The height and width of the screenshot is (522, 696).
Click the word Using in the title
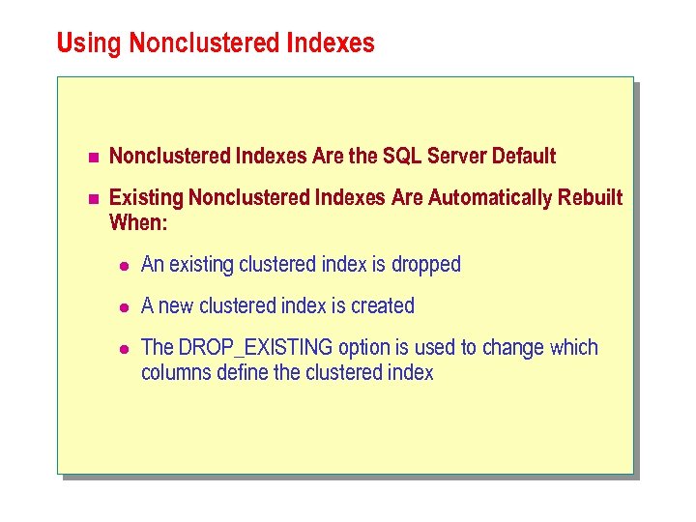pyautogui.click(x=89, y=44)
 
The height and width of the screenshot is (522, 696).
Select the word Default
pyautogui.click(x=524, y=156)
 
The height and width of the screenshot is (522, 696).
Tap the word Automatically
pyautogui.click(x=489, y=198)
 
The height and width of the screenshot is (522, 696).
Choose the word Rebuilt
pyautogui.click(x=590, y=198)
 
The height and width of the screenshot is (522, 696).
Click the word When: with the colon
pyautogui.click(x=138, y=222)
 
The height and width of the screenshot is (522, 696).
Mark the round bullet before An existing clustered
pyautogui.click(x=124, y=265)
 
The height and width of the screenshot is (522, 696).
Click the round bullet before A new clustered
pyautogui.click(x=124, y=306)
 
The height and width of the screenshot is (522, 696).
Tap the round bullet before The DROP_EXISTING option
pyautogui.click(x=124, y=348)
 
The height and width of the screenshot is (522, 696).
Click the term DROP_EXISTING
pyautogui.click(x=255, y=348)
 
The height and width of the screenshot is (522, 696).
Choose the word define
pyautogui.click(x=240, y=373)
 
